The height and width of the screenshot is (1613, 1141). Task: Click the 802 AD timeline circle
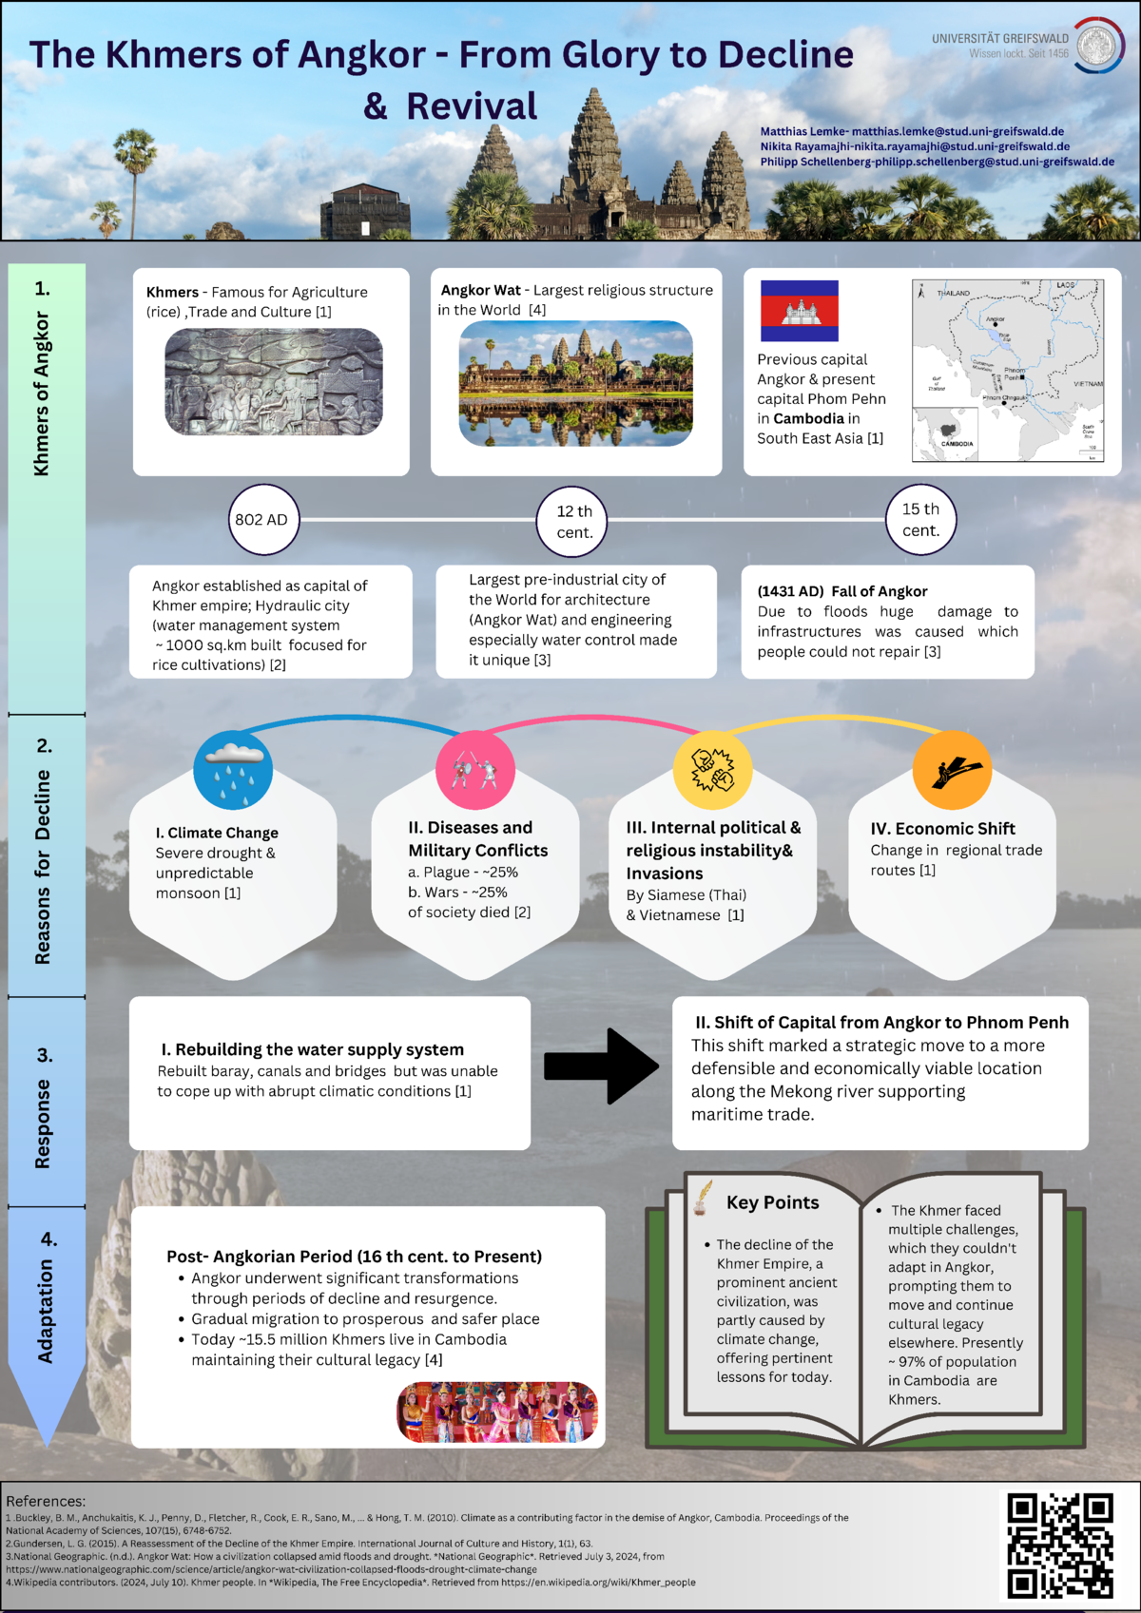[x=261, y=520]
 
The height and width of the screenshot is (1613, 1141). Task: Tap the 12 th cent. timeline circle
[x=573, y=522]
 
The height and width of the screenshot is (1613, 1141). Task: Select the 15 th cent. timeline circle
[x=920, y=520]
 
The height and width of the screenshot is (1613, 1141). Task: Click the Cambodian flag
[x=799, y=311]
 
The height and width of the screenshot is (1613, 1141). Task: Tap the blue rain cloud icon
[x=233, y=770]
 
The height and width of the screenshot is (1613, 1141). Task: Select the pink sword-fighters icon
[x=475, y=770]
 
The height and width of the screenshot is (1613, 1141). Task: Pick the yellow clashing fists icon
[x=712, y=770]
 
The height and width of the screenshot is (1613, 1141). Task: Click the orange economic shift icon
[x=952, y=770]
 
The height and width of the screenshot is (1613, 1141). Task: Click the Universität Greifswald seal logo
[x=1099, y=45]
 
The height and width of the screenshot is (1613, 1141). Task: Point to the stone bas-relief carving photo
[x=274, y=382]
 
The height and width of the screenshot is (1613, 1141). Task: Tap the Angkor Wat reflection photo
[x=576, y=383]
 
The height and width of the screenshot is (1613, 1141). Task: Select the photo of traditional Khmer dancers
[x=497, y=1412]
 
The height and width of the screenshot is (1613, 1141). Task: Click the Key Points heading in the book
[x=772, y=1202]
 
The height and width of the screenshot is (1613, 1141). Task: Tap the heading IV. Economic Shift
[x=942, y=829]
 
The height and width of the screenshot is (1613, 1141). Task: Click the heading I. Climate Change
[x=217, y=833]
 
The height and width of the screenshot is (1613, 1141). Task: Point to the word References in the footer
[x=46, y=1502]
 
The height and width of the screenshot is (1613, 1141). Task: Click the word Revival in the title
[x=472, y=106]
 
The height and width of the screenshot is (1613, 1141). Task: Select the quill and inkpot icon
[x=702, y=1199]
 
